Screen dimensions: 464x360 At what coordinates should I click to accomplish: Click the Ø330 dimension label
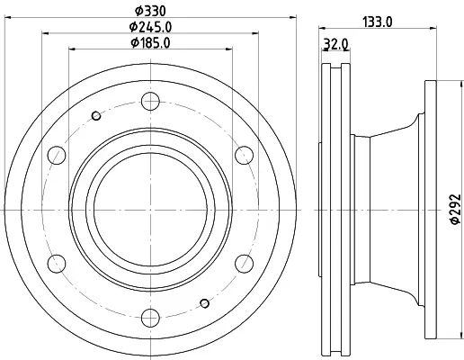(x=150, y=12)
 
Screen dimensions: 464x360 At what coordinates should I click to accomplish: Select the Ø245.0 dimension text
(x=150, y=27)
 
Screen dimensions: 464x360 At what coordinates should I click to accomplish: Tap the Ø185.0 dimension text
(x=150, y=42)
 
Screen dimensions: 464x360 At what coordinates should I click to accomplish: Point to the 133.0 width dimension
(x=378, y=22)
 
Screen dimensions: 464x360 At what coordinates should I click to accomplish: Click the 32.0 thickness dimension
(x=335, y=44)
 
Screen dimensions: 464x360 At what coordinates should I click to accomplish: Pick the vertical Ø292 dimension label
(x=455, y=209)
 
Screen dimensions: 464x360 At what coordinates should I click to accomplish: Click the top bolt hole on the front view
(x=150, y=101)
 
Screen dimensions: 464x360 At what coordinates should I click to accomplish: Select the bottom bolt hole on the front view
(x=150, y=318)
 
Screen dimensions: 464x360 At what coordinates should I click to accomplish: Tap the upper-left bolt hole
(x=57, y=155)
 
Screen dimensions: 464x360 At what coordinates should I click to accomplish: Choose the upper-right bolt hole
(x=244, y=155)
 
